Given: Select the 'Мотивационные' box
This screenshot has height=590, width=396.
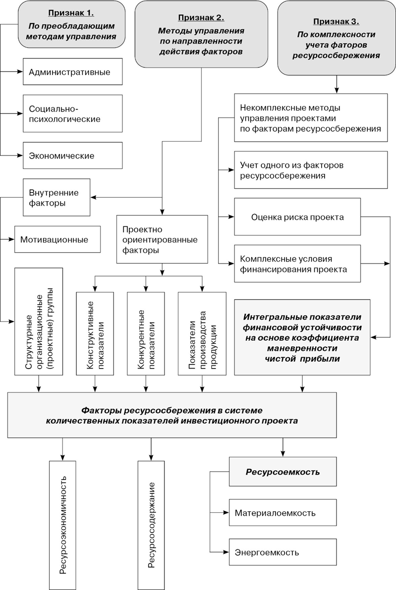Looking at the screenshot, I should [x=57, y=240].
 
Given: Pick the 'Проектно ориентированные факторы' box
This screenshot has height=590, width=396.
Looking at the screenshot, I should [x=161, y=239].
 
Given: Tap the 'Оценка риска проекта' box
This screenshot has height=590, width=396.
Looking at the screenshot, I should [x=297, y=217].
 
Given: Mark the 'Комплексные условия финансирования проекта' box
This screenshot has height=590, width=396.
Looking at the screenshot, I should [x=297, y=264].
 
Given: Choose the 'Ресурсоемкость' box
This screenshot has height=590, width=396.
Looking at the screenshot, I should [x=283, y=472].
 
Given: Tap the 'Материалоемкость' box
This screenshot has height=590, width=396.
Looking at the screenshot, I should [x=283, y=513].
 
